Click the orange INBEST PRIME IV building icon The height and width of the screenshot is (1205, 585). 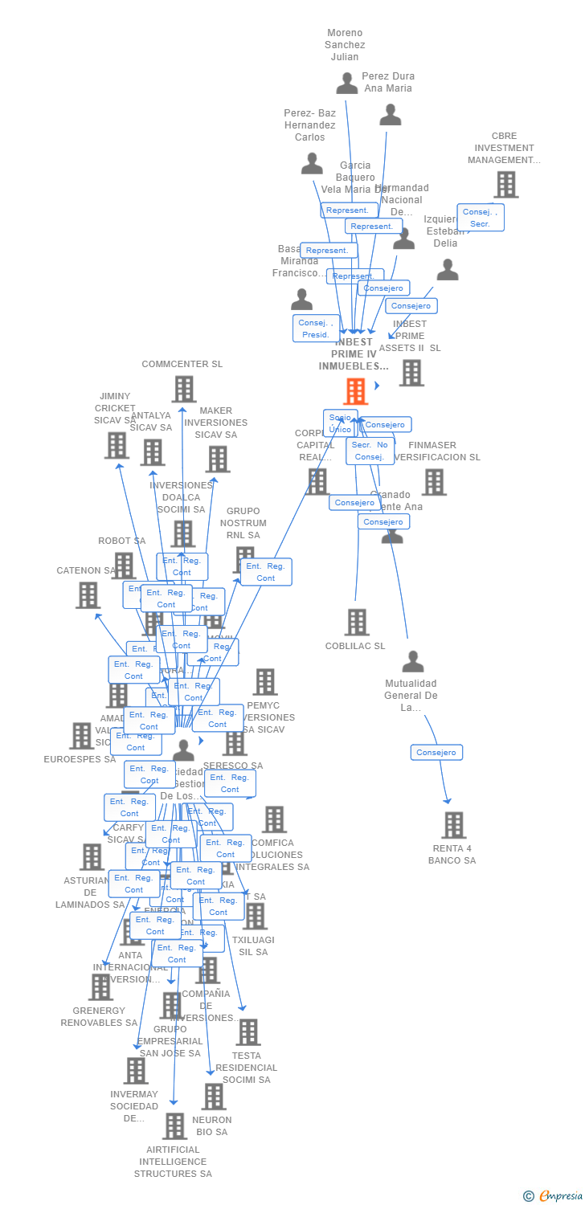tap(355, 391)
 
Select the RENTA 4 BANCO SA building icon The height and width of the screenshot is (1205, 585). tap(454, 825)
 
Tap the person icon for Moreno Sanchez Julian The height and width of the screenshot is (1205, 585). tap(347, 83)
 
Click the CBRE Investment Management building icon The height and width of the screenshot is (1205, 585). tap(505, 185)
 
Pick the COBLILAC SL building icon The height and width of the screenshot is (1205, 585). tap(357, 622)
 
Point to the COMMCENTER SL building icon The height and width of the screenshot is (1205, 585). tap(184, 389)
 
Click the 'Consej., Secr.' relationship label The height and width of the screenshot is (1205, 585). tap(481, 218)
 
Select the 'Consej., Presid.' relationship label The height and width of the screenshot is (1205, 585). tap(316, 328)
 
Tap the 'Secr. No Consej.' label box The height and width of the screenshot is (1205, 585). tap(370, 451)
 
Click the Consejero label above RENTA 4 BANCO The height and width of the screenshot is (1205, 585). tap(437, 753)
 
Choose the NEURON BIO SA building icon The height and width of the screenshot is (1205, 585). tap(213, 1097)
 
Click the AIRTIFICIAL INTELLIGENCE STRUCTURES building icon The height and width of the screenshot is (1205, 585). tap(174, 1126)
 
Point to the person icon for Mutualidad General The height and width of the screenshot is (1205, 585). tap(413, 662)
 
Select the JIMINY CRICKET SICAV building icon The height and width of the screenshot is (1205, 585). tap(117, 445)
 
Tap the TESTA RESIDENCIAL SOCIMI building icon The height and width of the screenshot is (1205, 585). tap(247, 1032)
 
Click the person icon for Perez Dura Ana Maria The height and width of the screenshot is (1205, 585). tap(391, 115)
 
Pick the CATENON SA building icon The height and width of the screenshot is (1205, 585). tap(88, 595)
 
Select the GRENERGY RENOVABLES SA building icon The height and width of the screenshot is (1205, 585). tap(100, 987)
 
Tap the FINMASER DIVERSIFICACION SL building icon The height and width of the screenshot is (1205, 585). tap(434, 482)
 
